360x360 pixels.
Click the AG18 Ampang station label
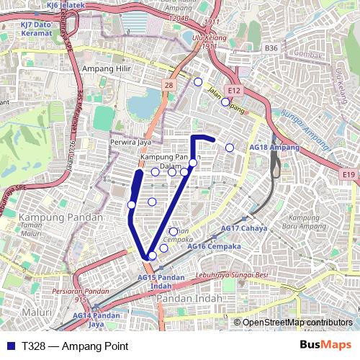[274, 147]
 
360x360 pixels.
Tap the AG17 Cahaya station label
[244, 228]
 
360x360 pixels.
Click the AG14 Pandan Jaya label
[96, 320]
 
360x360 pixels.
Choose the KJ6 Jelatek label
[66, 4]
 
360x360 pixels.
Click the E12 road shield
[233, 91]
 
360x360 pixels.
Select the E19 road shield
[349, 174]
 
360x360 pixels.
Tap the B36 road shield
[271, 48]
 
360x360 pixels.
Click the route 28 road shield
[168, 85]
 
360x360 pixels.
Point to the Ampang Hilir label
[105, 68]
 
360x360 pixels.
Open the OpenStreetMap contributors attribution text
[298, 322]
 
